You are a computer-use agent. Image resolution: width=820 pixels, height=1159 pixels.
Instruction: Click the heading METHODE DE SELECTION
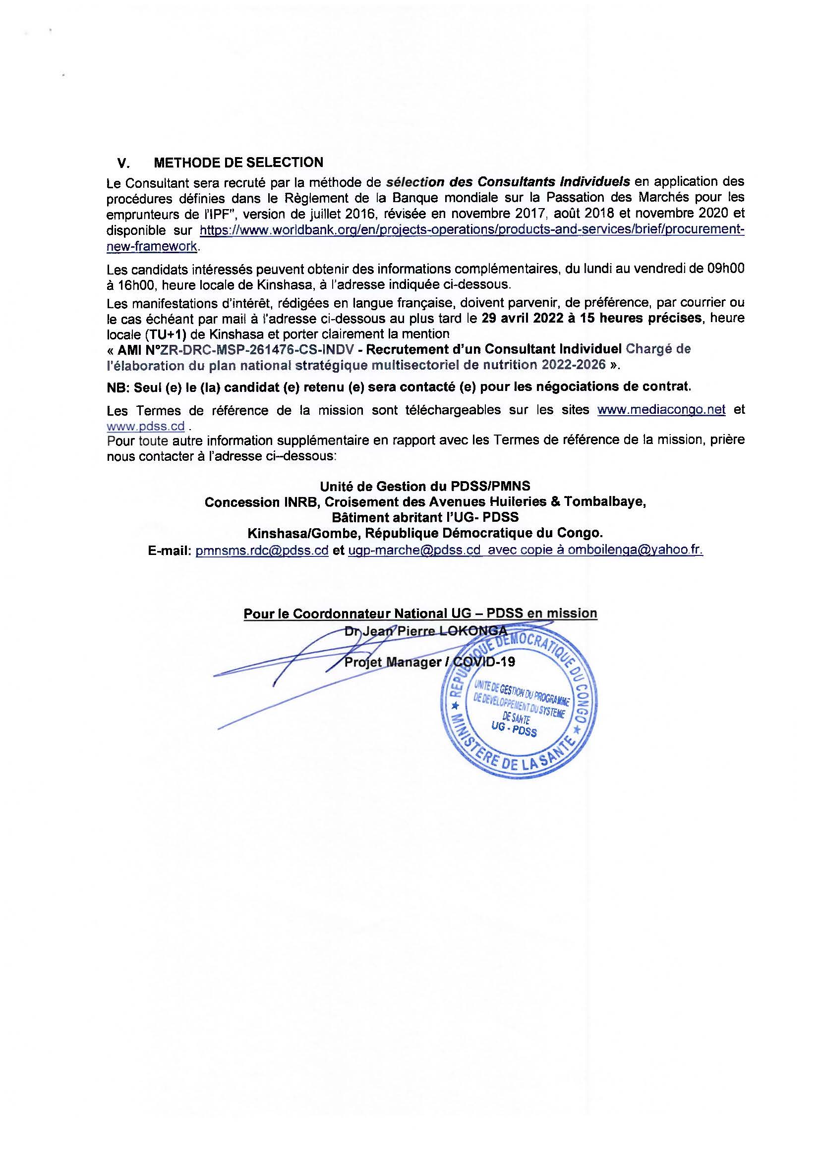[238, 163]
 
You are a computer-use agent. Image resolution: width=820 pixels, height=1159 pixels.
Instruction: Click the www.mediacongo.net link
[661, 410]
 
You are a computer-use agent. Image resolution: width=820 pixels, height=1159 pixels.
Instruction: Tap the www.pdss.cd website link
[145, 426]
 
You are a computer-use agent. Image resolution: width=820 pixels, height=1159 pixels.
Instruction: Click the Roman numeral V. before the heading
[123, 163]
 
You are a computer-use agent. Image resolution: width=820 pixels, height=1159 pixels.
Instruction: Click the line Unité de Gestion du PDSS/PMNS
[425, 486]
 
